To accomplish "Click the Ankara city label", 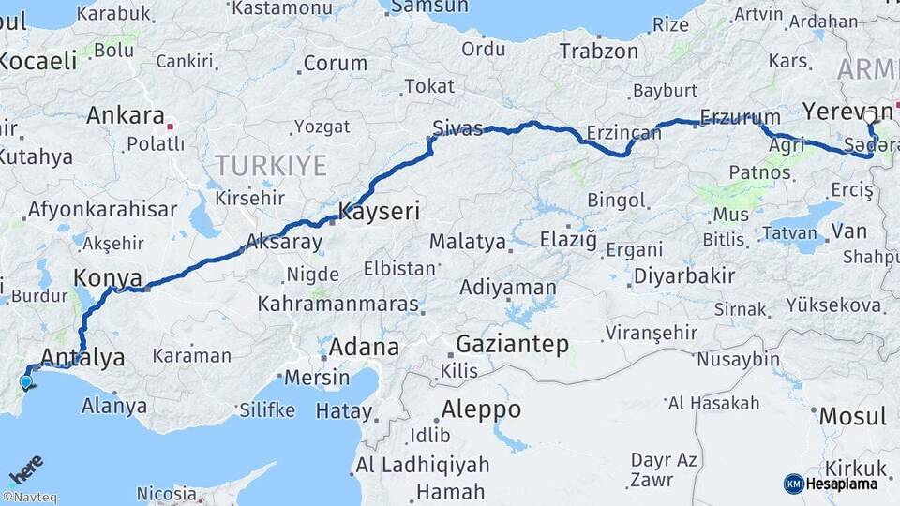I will point(125,116).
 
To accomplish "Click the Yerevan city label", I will point(847,112).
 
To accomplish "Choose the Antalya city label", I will point(83,357).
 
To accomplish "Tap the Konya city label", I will point(107,278).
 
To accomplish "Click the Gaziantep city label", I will point(512,344).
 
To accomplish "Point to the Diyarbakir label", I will point(683,275).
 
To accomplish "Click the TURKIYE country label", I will point(271,166).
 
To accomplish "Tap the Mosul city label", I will point(852,415).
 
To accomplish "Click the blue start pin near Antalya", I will point(25,379).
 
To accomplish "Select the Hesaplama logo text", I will point(843,484).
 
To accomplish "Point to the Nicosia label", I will point(166,493).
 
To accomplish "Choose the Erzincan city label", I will point(619,131).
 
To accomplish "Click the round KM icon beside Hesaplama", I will point(793,484).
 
